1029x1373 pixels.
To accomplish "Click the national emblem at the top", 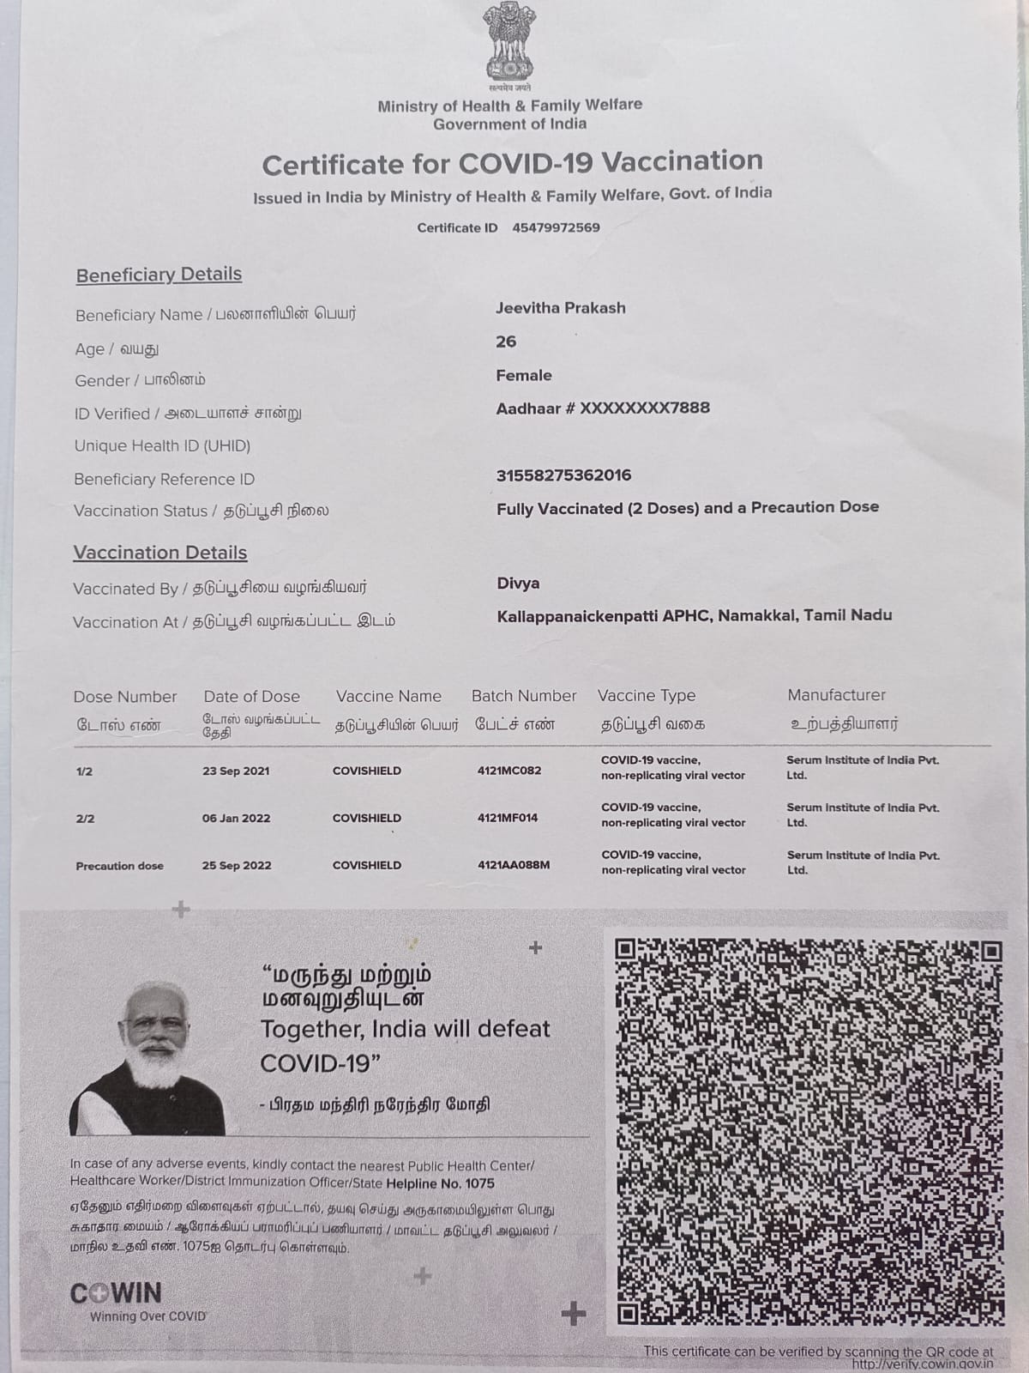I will tap(509, 43).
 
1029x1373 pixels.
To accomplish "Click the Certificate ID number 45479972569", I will tap(556, 227).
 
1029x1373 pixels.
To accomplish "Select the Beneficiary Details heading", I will tap(159, 275).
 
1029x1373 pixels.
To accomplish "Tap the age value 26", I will tap(506, 342).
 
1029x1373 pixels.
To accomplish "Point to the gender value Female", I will tap(523, 375).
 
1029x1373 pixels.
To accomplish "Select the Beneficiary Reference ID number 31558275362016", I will tap(563, 475).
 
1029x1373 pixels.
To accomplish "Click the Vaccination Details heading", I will tap(160, 553).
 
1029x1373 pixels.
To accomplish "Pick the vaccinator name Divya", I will tap(518, 584).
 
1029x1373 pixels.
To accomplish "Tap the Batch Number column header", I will tap(524, 696).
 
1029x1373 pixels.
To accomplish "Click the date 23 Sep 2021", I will tap(236, 771).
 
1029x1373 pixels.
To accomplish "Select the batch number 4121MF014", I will tap(508, 818).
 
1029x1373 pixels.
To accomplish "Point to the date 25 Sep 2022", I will tap(237, 866).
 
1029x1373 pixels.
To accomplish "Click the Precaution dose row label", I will tap(119, 866).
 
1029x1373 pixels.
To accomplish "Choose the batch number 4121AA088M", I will tap(514, 865).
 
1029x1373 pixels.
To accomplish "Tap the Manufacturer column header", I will tap(836, 695).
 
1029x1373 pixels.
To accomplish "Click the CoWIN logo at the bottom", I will tap(116, 1293).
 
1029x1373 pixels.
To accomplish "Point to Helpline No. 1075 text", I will tap(440, 1183).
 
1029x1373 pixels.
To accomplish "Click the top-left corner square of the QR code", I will tap(626, 949).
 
